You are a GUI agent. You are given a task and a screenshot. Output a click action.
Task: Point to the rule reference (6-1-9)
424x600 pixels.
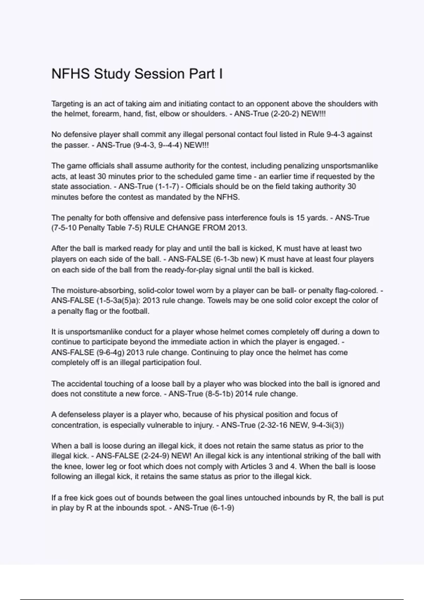[x=222, y=508]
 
